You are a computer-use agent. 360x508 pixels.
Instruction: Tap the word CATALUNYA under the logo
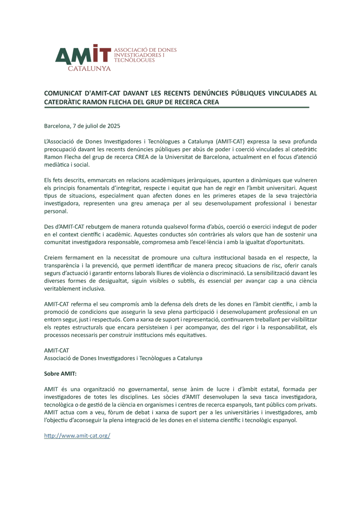click(x=89, y=68)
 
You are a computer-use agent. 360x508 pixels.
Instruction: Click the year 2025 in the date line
click(x=114, y=126)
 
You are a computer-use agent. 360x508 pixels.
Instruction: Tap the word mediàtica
click(x=57, y=165)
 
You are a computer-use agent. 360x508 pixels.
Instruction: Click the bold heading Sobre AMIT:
click(x=60, y=374)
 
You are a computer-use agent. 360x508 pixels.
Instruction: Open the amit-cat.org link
click(x=77, y=436)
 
